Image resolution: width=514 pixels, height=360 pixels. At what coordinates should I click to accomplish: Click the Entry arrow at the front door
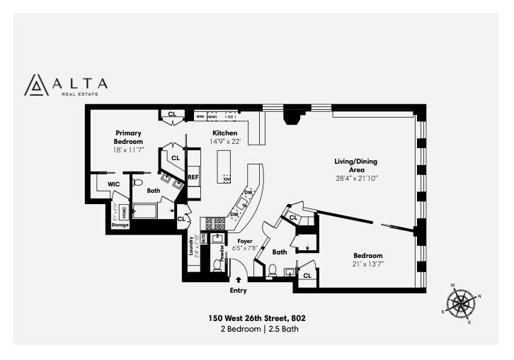[239, 280]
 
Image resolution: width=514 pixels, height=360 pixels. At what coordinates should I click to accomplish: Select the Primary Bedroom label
[129, 137]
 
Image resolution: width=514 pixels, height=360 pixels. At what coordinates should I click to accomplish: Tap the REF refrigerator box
[193, 178]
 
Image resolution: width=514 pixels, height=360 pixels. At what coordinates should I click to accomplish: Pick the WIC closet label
[113, 184]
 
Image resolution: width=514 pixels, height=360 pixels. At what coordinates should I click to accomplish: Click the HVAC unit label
[123, 211]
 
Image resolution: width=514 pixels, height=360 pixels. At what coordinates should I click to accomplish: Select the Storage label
[120, 225]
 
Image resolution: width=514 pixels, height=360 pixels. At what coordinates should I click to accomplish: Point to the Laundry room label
[192, 247]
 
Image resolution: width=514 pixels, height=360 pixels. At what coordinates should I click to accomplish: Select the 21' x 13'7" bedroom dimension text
[368, 264]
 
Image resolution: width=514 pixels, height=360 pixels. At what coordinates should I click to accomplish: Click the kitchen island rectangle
[224, 167]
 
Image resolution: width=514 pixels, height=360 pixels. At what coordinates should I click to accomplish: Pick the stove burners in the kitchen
[215, 223]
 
